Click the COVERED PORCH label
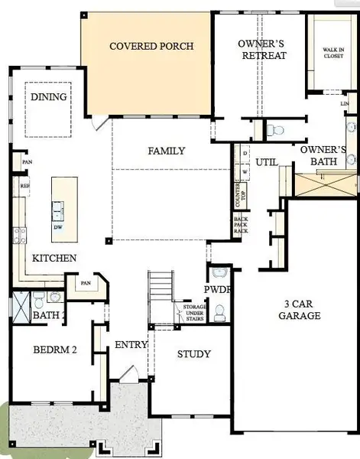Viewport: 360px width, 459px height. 151,47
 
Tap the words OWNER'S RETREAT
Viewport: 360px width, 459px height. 262,49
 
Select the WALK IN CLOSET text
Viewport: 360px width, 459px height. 332,53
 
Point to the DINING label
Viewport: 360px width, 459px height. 49,97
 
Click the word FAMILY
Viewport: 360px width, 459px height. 166,151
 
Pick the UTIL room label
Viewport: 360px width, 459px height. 266,162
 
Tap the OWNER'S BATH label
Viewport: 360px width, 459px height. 323,156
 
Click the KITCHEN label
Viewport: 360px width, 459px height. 54,259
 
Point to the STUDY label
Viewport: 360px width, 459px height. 193,354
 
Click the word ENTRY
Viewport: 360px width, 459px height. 131,345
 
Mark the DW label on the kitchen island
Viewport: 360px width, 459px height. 58,227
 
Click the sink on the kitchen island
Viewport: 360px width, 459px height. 58,209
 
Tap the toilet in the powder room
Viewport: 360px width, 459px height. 219,312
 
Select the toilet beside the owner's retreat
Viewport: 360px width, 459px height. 277,130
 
